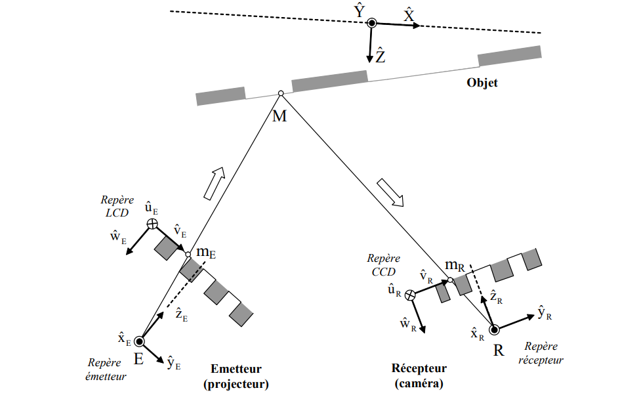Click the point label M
coord(280,117)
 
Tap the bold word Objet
coord(482,83)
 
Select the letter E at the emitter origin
coord(139,359)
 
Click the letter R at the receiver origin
coord(499,350)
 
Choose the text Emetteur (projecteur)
coord(236,376)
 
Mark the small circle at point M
coord(280,94)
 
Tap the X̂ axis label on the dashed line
coord(409,16)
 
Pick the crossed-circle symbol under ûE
coord(152,224)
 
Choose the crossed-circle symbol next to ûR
coord(411,295)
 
